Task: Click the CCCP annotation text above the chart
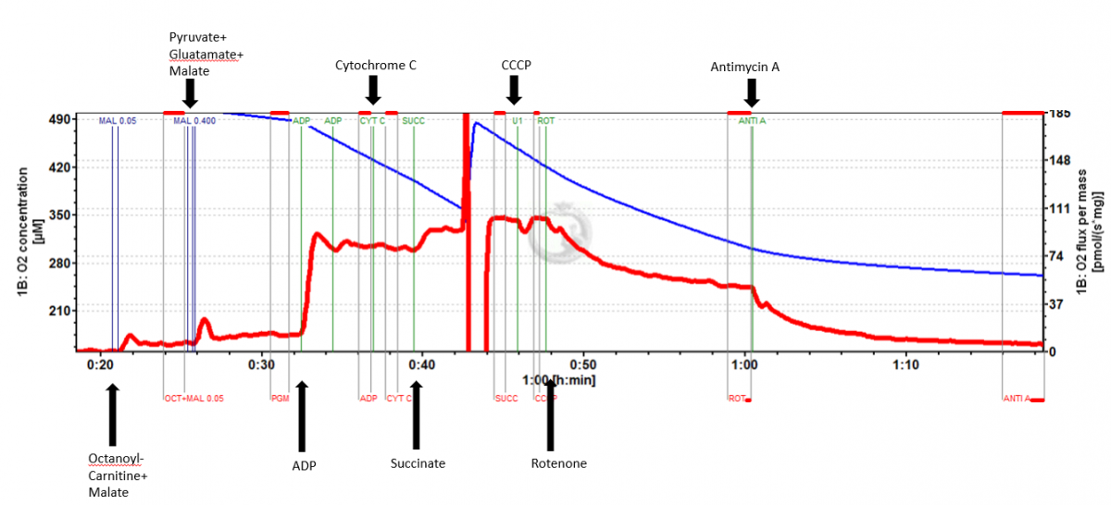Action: (x=515, y=66)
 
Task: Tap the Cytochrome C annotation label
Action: (x=376, y=66)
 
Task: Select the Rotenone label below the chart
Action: (x=558, y=463)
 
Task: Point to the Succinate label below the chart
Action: (x=418, y=463)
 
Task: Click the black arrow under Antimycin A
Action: (x=752, y=91)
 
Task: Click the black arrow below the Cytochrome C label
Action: (x=373, y=90)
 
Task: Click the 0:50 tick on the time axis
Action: (x=582, y=364)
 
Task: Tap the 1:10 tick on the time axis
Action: (x=905, y=364)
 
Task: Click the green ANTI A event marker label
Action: (x=752, y=121)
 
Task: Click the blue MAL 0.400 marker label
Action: (x=194, y=121)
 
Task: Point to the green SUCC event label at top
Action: (x=413, y=121)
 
